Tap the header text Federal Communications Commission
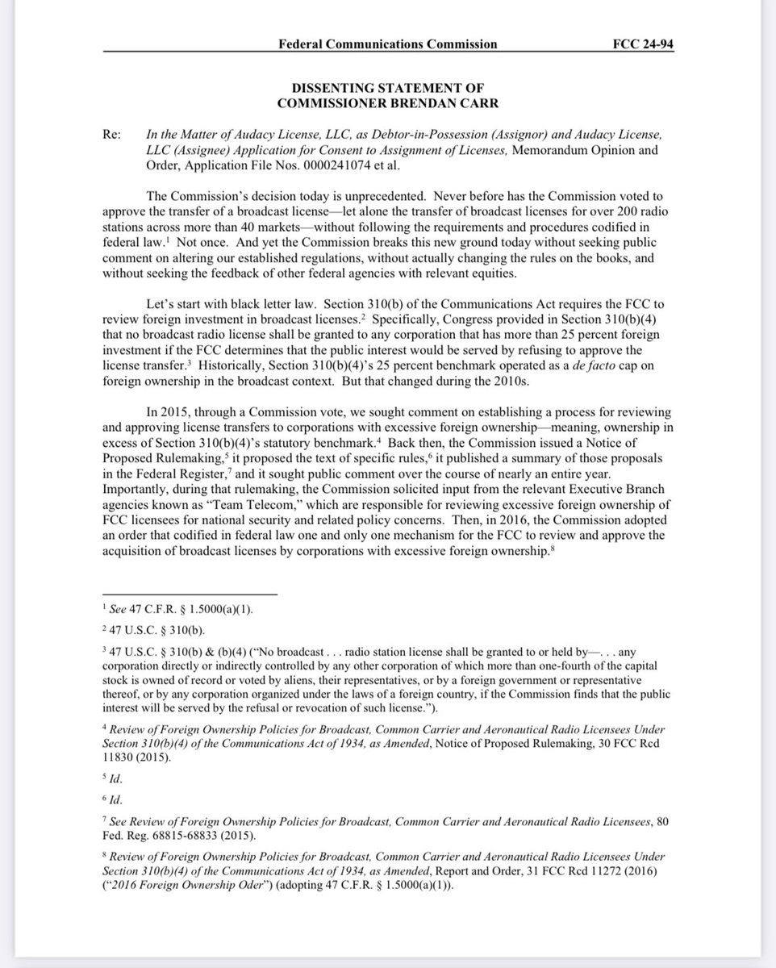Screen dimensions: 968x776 pos(387,44)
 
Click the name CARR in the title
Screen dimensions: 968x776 pos(482,102)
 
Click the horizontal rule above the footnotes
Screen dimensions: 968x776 pos(190,594)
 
